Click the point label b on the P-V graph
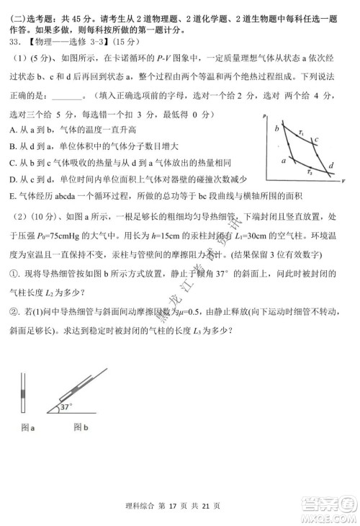(276, 128)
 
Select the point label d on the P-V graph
(330, 166)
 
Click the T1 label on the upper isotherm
(300, 132)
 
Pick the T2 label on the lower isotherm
(308, 172)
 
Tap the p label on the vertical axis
(265, 115)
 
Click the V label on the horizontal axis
(343, 180)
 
